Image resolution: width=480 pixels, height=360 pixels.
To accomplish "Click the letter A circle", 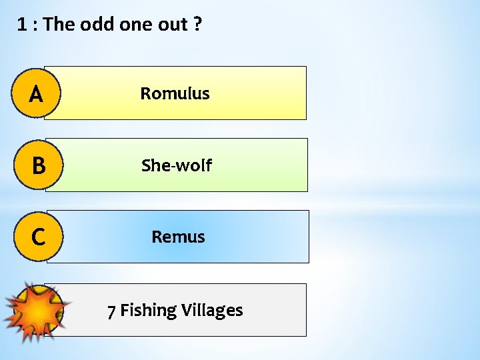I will tap(37, 93).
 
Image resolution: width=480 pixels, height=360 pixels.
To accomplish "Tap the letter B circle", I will tap(37, 165).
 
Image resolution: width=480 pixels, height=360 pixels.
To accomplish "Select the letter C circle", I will tap(37, 237).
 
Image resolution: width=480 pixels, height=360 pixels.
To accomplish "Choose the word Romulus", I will tap(175, 94).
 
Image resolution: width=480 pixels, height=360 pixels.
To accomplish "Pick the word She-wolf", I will tap(176, 165).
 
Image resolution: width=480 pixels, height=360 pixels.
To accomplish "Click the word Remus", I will tap(178, 237).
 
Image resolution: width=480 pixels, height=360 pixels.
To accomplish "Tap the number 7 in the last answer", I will tap(112, 311).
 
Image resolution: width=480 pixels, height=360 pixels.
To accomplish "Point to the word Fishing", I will tap(148, 311).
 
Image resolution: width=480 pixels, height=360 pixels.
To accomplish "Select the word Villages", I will tap(212, 311).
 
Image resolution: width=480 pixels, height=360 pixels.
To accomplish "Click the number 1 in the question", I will tap(21, 25).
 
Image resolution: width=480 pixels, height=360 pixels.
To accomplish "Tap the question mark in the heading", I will tap(198, 25).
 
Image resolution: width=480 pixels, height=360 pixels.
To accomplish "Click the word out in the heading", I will tap(173, 25).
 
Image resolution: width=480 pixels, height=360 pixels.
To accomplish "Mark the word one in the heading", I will tap(136, 25).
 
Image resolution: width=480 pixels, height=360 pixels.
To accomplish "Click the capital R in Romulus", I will tap(145, 94).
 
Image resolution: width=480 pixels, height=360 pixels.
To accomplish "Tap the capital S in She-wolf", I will tap(146, 165).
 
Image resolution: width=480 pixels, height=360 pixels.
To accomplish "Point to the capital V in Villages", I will tap(186, 311).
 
